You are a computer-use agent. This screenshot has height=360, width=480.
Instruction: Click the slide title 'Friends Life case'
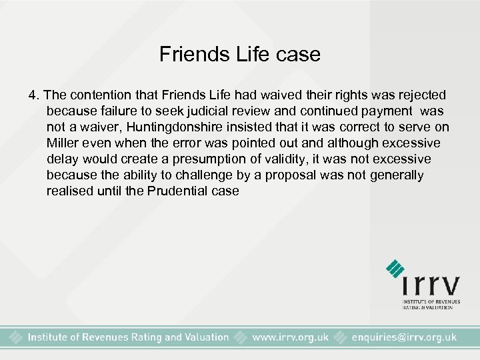tap(240, 54)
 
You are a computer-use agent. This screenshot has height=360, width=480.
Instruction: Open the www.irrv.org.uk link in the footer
tap(290, 337)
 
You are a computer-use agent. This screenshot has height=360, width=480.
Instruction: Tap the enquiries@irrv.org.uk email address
tap(404, 337)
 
